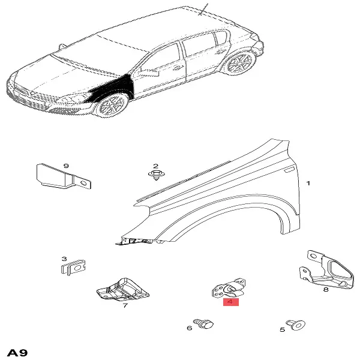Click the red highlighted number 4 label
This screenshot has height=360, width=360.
coord(231,302)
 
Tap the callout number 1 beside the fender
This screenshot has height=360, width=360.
coord(308,183)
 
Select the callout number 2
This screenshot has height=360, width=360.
coord(155,166)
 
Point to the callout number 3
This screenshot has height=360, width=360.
coord(64,259)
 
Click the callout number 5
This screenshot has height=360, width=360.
coord(282,329)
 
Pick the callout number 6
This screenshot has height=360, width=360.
coord(190,328)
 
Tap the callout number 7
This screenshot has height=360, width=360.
coord(125,305)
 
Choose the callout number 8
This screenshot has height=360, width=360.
coord(326,289)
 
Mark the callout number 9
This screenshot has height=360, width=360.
coord(66,166)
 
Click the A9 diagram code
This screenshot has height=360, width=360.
coord(17,353)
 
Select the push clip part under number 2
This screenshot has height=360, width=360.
coord(157,175)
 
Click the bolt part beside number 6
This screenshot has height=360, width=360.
coord(203,324)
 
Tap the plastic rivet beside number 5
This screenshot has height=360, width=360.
coord(296,325)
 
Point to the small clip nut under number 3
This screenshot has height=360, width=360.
coord(73,267)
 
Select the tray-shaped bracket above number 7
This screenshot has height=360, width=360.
coord(123,290)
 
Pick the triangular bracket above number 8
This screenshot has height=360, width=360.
coord(327,270)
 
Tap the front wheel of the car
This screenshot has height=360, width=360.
coord(112,106)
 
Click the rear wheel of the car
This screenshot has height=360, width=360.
coord(239,62)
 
